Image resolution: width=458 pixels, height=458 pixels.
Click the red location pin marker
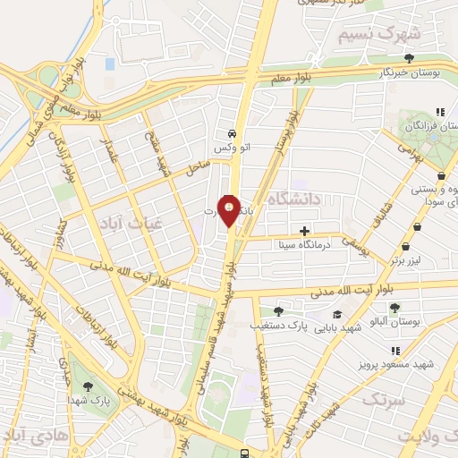click(x=229, y=211)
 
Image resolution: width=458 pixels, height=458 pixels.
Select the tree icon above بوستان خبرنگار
click(x=409, y=57)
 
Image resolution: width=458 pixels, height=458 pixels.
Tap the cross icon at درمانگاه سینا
click(x=305, y=231)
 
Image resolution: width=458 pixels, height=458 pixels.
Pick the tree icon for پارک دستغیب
click(x=278, y=311)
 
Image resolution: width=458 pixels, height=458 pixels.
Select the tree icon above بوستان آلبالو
click(x=394, y=308)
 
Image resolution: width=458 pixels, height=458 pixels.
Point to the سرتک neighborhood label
click(x=387, y=399)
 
